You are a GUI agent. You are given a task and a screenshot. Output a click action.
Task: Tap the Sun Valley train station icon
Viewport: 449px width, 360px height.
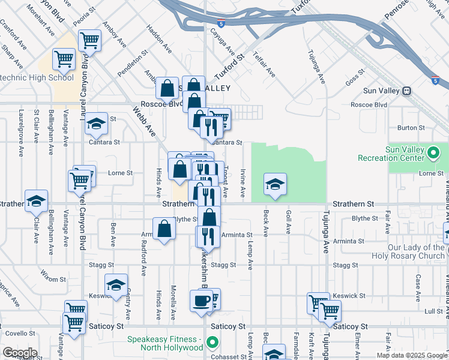tap(406, 91)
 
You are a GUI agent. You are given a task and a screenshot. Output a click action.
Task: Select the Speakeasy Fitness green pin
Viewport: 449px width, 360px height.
tap(211, 343)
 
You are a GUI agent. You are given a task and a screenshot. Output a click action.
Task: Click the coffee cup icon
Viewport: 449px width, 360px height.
tap(202, 300)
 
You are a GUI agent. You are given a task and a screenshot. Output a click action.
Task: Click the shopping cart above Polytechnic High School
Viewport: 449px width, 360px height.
tap(63, 59)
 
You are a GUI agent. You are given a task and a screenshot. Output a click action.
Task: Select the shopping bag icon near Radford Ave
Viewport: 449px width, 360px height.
tap(164, 229)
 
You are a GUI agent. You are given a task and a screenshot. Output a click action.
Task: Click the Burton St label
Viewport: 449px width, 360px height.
tap(411, 128)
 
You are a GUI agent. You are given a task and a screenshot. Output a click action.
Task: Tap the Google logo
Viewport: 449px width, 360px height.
tap(20, 352)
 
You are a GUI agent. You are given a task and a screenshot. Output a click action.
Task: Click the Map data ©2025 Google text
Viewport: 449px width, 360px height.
tap(411, 355)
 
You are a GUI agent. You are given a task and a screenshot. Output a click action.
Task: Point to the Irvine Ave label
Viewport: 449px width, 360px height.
tap(243, 184)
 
